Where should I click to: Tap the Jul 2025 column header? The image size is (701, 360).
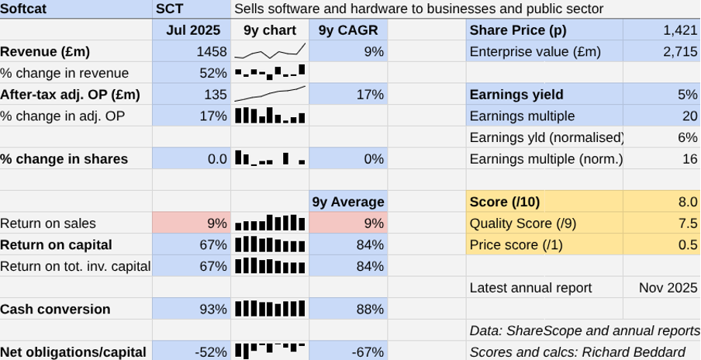tap(192, 30)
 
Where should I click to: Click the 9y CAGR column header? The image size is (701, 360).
tap(348, 30)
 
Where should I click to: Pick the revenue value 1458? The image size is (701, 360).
tap(212, 52)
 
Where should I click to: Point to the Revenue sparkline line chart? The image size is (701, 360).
tap(270, 52)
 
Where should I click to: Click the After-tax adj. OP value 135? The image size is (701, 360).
tap(216, 95)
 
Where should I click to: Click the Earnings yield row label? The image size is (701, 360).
tap(516, 95)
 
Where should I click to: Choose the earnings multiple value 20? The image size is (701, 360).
tap(689, 116)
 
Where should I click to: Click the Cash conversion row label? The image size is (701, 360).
tap(55, 309)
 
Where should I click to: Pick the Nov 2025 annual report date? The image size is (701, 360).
tap(668, 288)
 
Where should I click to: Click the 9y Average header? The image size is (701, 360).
tap(348, 202)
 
